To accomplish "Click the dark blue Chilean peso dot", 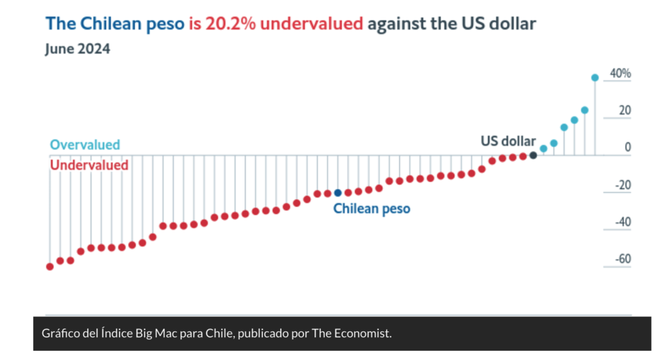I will (337, 193).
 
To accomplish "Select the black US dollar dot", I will (533, 155).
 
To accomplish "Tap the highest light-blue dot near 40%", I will (594, 78).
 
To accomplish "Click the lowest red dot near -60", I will (50, 267).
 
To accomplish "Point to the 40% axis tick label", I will (620, 74).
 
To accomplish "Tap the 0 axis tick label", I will (628, 148).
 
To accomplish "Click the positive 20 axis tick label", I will (625, 111).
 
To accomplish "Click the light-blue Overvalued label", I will (85, 145).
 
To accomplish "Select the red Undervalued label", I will (89, 165).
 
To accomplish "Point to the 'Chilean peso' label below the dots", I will (372, 209).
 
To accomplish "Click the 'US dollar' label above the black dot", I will (508, 141).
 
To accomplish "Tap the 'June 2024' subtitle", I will (78, 50).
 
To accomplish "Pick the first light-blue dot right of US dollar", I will (543, 149).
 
